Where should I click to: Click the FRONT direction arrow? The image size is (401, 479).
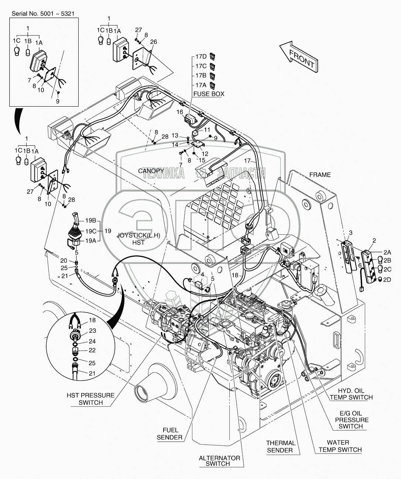(x=298, y=56)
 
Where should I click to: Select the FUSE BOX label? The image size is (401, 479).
(x=209, y=94)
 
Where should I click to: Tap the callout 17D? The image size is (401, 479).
(x=201, y=56)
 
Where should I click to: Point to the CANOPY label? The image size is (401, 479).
(x=151, y=170)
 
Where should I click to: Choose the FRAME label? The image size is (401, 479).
(x=320, y=175)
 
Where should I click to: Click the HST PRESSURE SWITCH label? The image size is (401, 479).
(x=91, y=399)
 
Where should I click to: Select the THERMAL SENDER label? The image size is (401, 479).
(x=281, y=446)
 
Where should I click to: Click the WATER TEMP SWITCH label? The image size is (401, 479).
(x=340, y=446)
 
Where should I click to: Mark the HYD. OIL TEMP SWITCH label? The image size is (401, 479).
(x=351, y=394)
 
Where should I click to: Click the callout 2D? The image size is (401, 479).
(x=387, y=280)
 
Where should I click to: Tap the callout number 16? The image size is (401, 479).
(x=180, y=111)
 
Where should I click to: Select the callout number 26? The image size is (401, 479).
(x=153, y=42)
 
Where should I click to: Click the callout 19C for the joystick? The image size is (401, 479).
(x=91, y=231)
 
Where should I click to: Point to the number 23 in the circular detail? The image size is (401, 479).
(x=92, y=331)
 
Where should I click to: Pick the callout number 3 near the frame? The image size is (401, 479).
(x=350, y=232)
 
